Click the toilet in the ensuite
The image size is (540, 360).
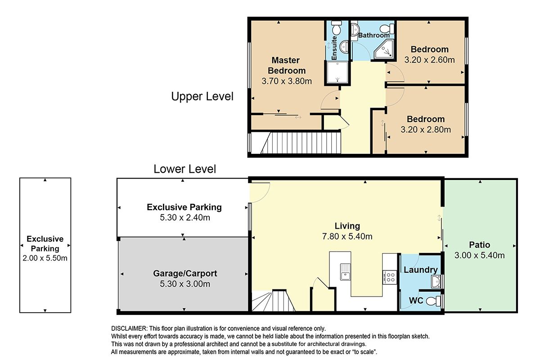pyautogui.click(x=336, y=27)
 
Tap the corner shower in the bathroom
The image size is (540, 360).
pyautogui.click(x=384, y=49)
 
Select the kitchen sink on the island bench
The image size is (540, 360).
pyautogui.click(x=345, y=272)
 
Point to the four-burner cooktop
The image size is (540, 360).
pyautogui.click(x=390, y=277)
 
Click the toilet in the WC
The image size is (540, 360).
pyautogui.click(x=433, y=301)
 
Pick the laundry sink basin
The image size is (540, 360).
pyautogui.click(x=436, y=282)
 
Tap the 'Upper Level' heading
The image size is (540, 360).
pyautogui.click(x=202, y=96)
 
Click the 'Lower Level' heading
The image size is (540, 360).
pyautogui.click(x=184, y=169)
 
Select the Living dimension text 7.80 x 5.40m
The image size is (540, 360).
pyautogui.click(x=347, y=236)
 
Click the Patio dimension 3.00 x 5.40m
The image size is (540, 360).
pyautogui.click(x=480, y=255)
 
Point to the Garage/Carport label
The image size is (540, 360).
pyautogui.click(x=185, y=274)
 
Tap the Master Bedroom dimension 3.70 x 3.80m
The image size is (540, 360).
pyautogui.click(x=287, y=81)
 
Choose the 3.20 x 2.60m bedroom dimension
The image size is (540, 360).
pyautogui.click(x=429, y=60)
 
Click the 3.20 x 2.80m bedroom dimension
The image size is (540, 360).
pyautogui.click(x=426, y=130)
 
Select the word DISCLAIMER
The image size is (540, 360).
pyautogui.click(x=129, y=328)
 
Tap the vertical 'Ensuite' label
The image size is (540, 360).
pyautogui.click(x=334, y=48)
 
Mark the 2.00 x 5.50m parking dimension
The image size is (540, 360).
pyautogui.click(x=45, y=258)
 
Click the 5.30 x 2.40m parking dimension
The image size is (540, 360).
pyautogui.click(x=185, y=217)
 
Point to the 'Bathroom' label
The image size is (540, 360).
pyautogui.click(x=374, y=35)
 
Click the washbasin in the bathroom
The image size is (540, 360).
pyautogui.click(x=355, y=30)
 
